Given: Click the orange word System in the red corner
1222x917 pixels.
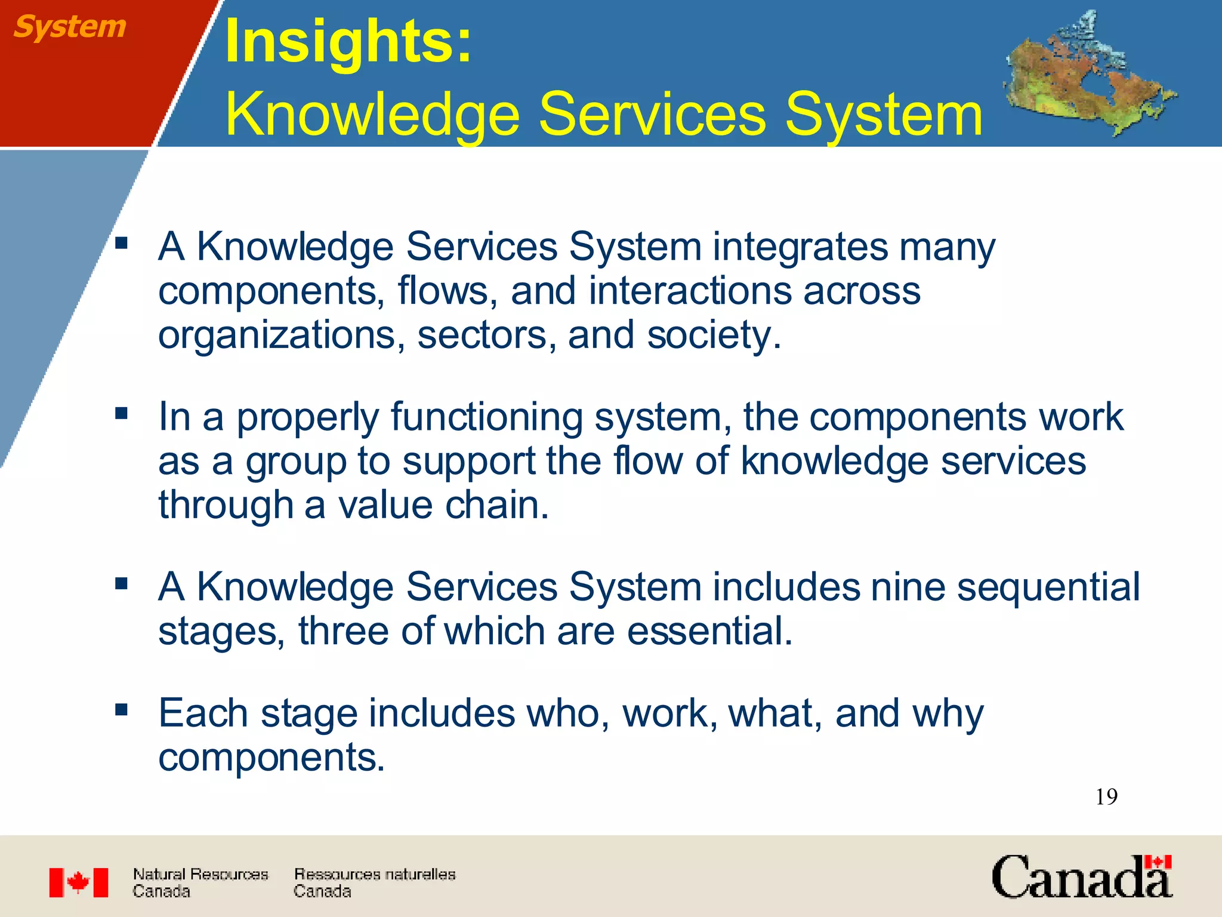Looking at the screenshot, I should (70, 27).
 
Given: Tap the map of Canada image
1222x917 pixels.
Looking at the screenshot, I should (1089, 75).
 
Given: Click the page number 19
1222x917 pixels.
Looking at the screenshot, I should (1106, 797).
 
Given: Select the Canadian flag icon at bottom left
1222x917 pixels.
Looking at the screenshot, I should (78, 882).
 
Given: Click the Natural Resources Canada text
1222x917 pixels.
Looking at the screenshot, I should (200, 882).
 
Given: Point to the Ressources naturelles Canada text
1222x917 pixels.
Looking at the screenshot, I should (374, 882).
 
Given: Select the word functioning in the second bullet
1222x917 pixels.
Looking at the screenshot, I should (486, 417).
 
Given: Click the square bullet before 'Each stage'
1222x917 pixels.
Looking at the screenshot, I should (122, 710).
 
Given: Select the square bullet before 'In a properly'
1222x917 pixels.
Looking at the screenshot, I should (122, 413).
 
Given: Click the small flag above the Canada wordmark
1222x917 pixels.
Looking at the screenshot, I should (1158, 862).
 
